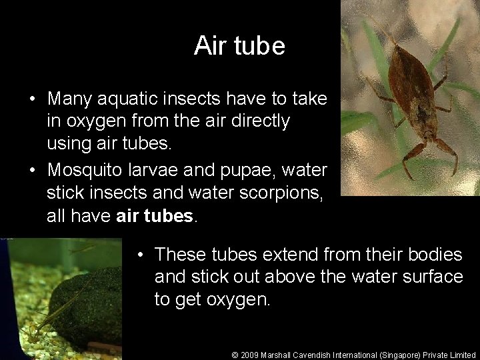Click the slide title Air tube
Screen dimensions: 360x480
[239, 46]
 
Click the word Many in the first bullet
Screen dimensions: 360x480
[69, 99]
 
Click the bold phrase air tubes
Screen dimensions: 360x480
[157, 216]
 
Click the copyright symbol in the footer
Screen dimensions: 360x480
[235, 355]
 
